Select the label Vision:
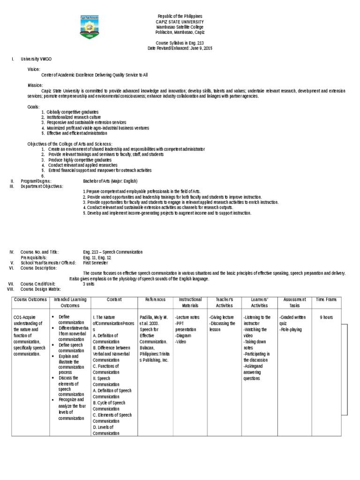pyautogui.click(x=34, y=69)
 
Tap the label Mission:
pyautogui.click(x=35, y=85)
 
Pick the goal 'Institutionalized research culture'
pyautogui.click(x=74, y=117)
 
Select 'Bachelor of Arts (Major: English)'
pyautogui.click(x=110, y=181)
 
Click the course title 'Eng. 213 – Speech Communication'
pyautogui.click(x=112, y=252)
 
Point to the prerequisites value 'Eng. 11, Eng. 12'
pyautogui.click(x=97, y=257)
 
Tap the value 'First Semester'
pyautogui.click(x=95, y=262)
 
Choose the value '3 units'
pyautogui.click(x=89, y=284)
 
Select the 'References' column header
pyautogui.click(x=155, y=300)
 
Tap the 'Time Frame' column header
pyautogui.click(x=326, y=300)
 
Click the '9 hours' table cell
pyautogui.click(x=326, y=317)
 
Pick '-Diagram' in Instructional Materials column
pyautogui.click(x=182, y=336)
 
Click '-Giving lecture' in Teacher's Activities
pyautogui.click(x=221, y=317)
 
